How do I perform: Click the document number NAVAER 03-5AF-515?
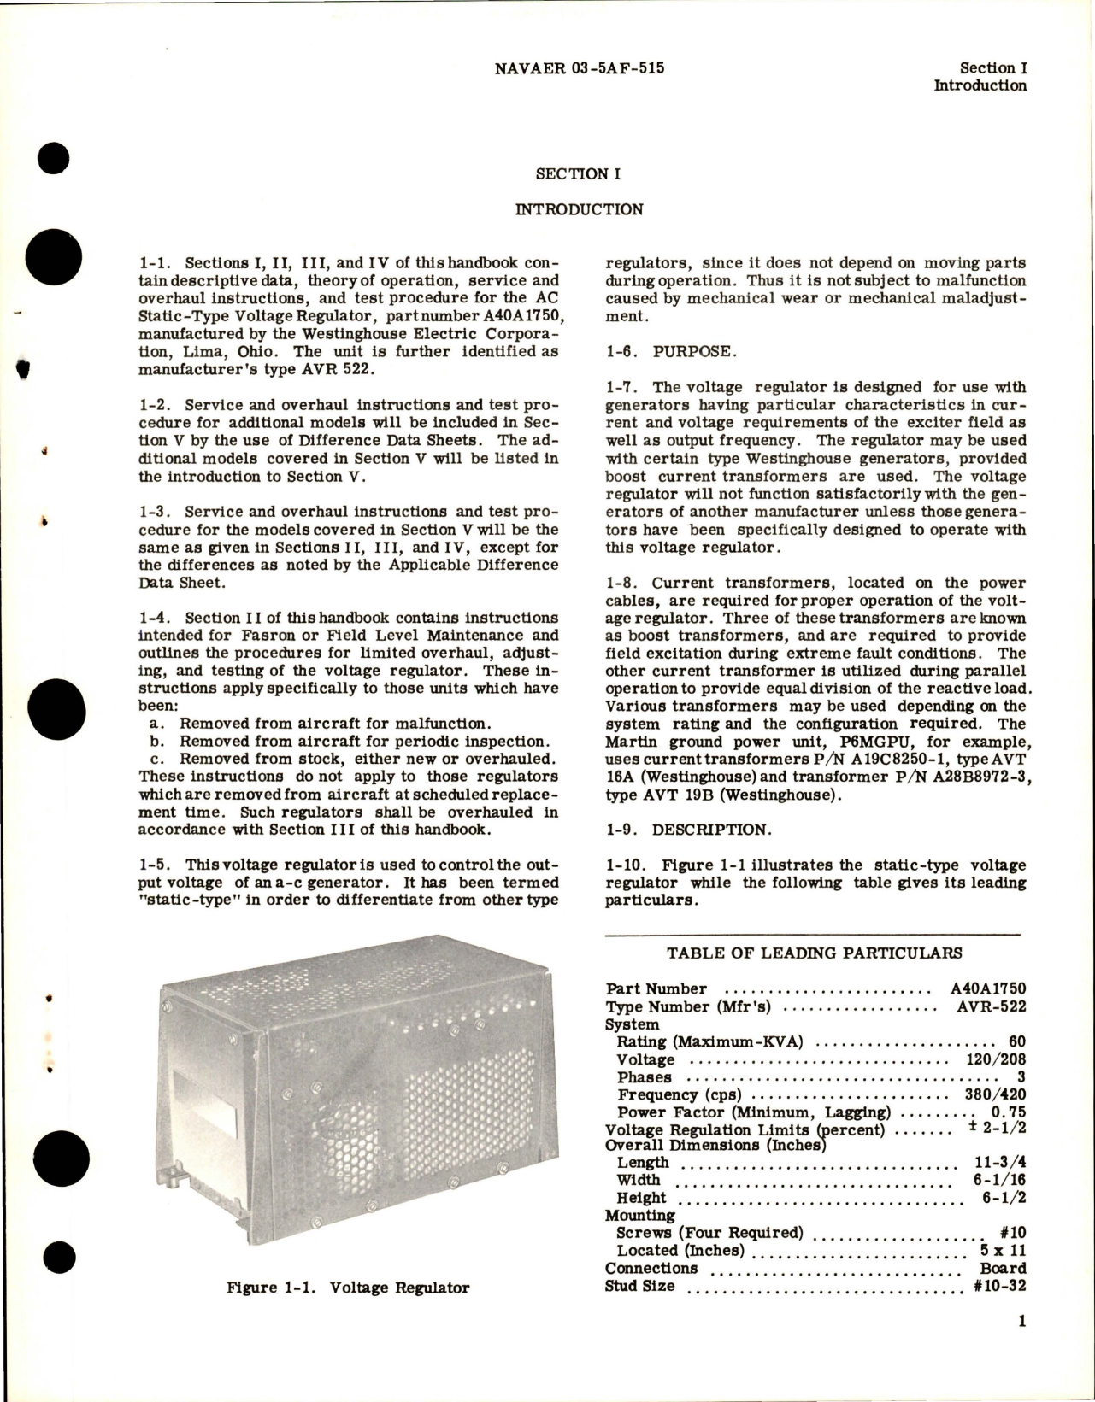pyautogui.click(x=579, y=67)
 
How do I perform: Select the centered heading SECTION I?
pyautogui.click(x=578, y=174)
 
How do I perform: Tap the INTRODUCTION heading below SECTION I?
pyautogui.click(x=579, y=209)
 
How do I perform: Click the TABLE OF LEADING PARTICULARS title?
pyautogui.click(x=815, y=953)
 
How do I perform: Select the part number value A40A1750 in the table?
pyautogui.click(x=988, y=989)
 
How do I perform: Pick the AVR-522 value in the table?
pyautogui.click(x=992, y=1006)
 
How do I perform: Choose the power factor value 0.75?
pyautogui.click(x=1007, y=1112)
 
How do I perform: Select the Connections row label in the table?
pyautogui.click(x=651, y=1269)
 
